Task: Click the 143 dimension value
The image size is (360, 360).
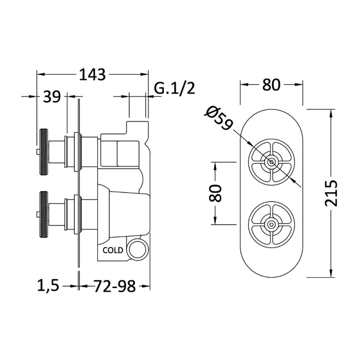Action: (x=92, y=74)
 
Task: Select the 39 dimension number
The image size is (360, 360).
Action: (x=52, y=97)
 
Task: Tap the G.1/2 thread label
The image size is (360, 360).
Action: (x=174, y=88)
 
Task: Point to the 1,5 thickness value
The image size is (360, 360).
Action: (x=48, y=285)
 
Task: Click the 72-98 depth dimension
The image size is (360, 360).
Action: (x=115, y=286)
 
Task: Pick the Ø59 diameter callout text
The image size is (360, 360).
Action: (x=219, y=118)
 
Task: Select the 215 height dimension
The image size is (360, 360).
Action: (x=331, y=193)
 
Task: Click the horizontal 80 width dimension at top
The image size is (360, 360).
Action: (x=271, y=85)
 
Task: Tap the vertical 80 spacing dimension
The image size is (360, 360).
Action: (x=215, y=193)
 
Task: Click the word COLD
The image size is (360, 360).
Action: (x=113, y=250)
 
